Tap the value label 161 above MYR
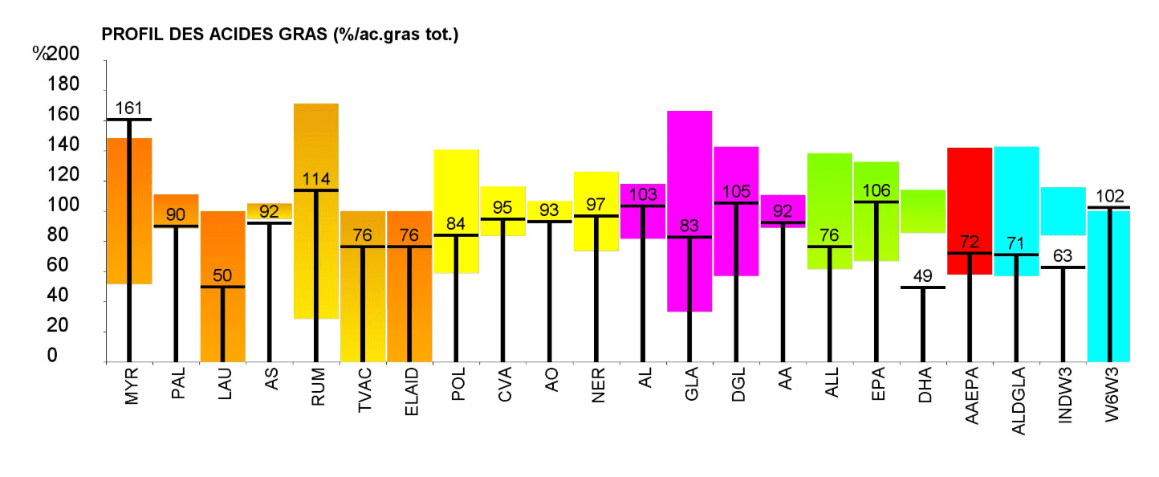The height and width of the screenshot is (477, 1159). click(x=128, y=108)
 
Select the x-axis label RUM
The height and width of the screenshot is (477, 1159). click(x=316, y=387)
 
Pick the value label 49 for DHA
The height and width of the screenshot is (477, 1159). click(x=922, y=276)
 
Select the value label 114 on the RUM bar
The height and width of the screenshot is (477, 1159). click(x=315, y=179)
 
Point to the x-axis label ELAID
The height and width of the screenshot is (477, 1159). click(x=409, y=392)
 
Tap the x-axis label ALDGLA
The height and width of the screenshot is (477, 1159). click(x=1016, y=398)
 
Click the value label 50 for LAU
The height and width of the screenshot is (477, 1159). click(x=222, y=276)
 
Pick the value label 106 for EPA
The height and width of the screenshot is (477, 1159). click(x=876, y=191)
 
